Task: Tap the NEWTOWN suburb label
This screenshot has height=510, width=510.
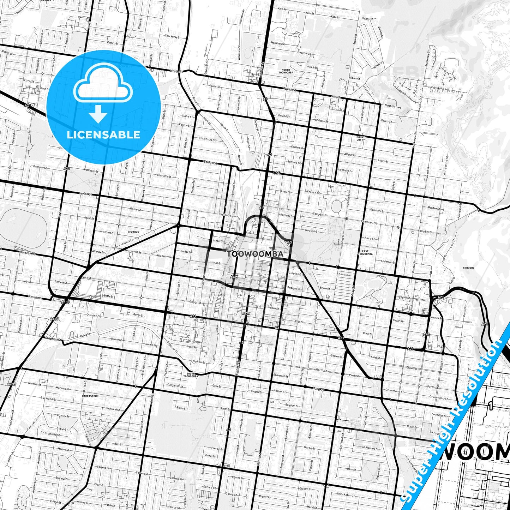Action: tap(133, 232)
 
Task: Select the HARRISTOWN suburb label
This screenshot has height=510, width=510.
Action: tap(90, 396)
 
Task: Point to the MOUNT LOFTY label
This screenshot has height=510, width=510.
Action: tap(360, 138)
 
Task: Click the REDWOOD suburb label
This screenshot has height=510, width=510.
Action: tap(469, 268)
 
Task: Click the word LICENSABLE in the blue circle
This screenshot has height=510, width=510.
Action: tap(103, 134)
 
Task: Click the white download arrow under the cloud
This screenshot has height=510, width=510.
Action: tap(98, 113)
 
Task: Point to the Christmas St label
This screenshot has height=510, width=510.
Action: tap(207, 139)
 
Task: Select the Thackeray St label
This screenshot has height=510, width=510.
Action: tap(173, 36)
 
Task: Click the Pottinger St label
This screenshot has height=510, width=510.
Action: tap(91, 171)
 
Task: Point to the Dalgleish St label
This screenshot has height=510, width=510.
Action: tap(175, 385)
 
